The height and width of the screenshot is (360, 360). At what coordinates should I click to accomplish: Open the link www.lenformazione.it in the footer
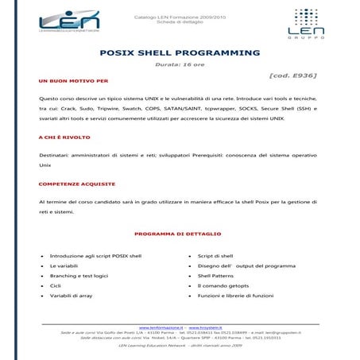[161, 327]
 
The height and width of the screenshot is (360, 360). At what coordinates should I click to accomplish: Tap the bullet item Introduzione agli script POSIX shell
[95, 257]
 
